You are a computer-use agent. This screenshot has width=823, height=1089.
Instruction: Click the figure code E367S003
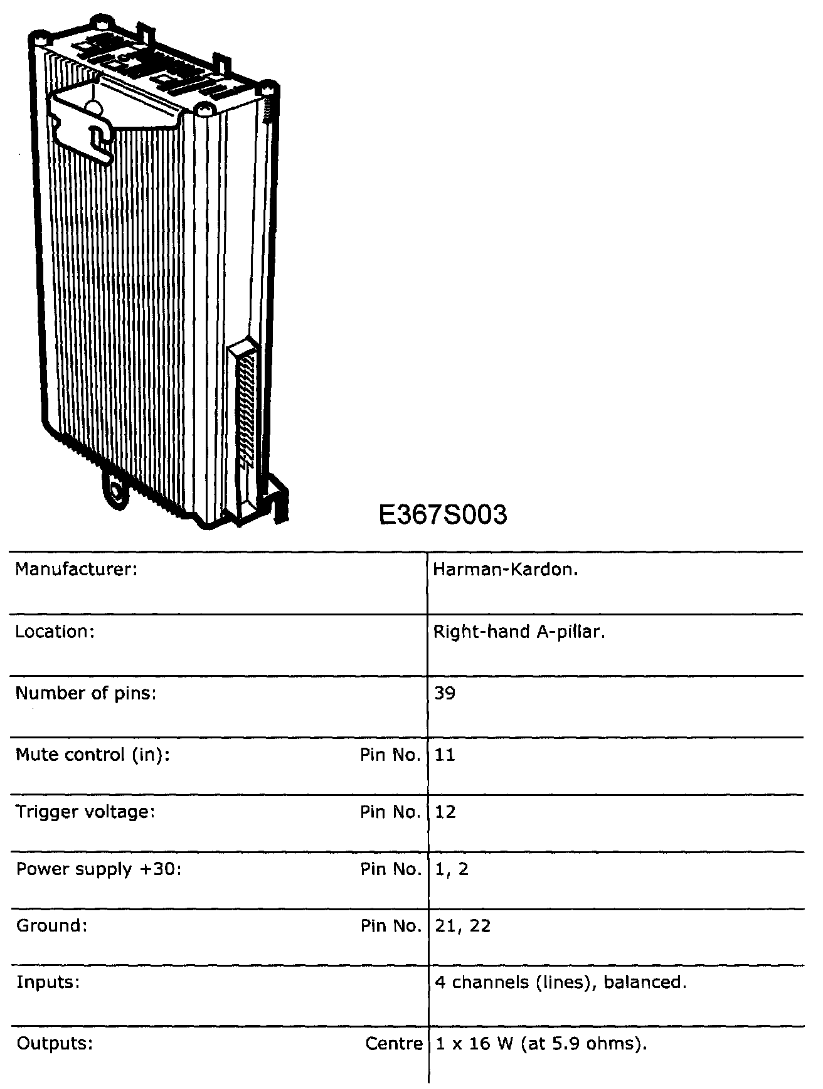443,515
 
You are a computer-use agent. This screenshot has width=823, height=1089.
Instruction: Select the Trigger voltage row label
85,812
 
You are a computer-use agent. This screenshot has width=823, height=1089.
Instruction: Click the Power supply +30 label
98,869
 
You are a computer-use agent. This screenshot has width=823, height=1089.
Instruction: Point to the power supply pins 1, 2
451,869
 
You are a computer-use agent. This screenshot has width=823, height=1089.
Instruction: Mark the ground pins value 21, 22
462,926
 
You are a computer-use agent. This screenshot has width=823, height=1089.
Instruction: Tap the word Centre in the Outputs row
394,1044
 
